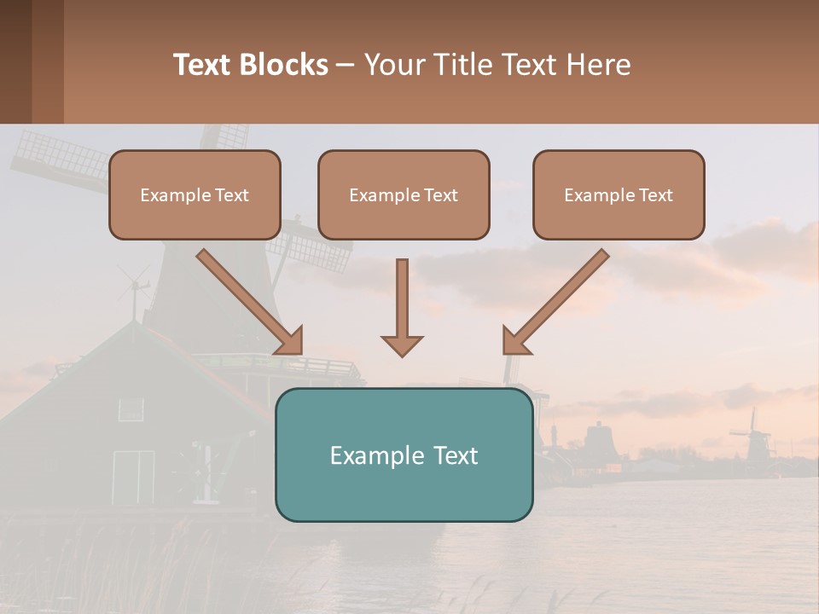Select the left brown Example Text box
pyautogui.click(x=195, y=194)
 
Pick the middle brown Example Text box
pyautogui.click(x=404, y=194)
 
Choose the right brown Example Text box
pyautogui.click(x=619, y=194)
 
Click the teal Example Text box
pyautogui.click(x=404, y=455)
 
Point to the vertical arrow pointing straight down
pyautogui.click(x=402, y=307)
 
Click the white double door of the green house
pyautogui.click(x=134, y=476)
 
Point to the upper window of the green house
pyautogui.click(x=131, y=409)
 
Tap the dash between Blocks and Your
pyautogui.click(x=346, y=65)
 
